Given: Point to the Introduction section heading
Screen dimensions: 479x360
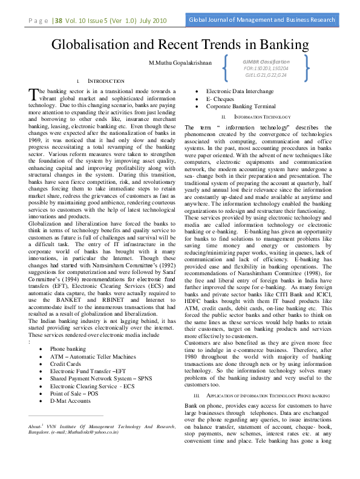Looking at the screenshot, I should pyautogui.click(x=106, y=80).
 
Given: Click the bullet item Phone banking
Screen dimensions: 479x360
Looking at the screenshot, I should pyautogui.click(x=67, y=349).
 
